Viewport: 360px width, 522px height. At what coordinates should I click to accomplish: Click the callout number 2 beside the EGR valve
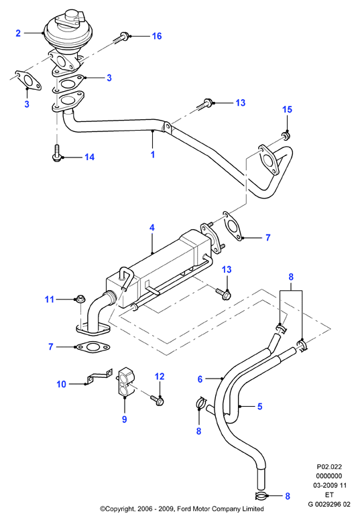(x=18, y=33)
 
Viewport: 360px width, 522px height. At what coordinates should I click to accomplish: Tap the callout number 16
(x=157, y=36)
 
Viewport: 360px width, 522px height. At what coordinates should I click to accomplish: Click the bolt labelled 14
(x=57, y=153)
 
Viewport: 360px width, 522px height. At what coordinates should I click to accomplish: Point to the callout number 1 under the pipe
(x=153, y=155)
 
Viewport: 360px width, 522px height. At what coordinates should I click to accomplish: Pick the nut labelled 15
(x=286, y=135)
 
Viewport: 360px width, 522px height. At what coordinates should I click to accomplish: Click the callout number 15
(x=287, y=109)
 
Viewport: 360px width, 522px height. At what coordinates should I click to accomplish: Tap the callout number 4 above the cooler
(x=152, y=228)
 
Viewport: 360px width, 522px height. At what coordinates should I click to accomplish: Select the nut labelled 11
(x=80, y=299)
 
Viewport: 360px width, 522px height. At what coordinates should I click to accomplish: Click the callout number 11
(x=50, y=300)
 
